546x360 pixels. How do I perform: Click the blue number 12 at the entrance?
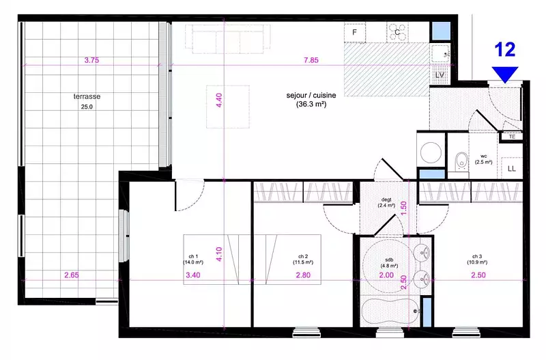pos(505,49)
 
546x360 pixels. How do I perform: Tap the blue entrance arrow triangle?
pos(505,74)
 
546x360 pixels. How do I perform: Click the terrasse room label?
pos(87,96)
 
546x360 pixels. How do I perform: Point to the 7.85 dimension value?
pos(311,60)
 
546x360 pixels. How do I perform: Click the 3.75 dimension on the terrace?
pos(91,60)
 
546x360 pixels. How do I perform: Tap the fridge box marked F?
pos(354,32)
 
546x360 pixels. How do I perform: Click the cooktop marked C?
pos(397,32)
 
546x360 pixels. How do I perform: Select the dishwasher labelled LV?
pos(440,74)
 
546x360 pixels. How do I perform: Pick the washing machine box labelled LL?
pos(511,169)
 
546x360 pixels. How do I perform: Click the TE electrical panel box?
pos(512,137)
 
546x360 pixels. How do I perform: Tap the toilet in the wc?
pos(461,163)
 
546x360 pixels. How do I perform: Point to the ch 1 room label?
pos(193,260)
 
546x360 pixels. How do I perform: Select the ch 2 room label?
pos(303,260)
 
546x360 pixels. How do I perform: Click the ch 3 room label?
pos(477,260)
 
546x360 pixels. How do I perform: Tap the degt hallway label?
pos(386,202)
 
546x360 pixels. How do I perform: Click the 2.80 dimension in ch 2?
pos(303,275)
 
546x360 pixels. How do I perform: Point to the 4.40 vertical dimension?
pos(219,100)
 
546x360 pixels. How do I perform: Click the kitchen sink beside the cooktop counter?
pos(440,53)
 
